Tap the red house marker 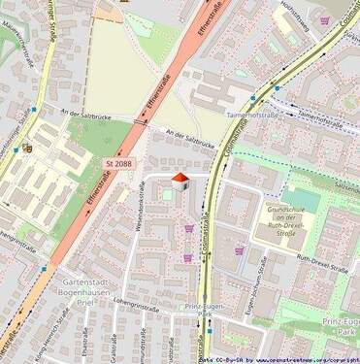tap(180, 181)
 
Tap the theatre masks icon tap(27, 149)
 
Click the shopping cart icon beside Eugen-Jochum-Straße tap(239, 249)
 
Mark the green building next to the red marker tap(166, 195)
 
